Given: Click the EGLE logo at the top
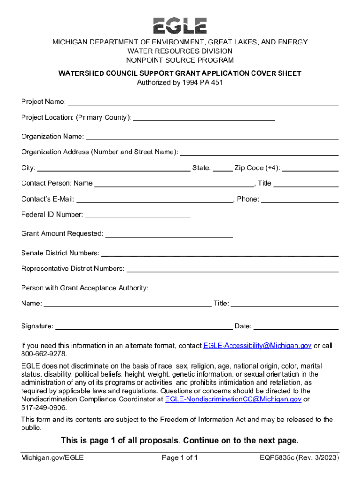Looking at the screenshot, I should (x=180, y=25).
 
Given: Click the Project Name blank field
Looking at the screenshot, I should (x=203, y=102).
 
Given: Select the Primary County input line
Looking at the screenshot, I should (x=204, y=117).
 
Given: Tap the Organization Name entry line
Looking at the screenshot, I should (x=212, y=137).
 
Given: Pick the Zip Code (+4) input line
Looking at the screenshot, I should (x=310, y=168).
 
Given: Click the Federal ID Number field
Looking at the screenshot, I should (x=137, y=215).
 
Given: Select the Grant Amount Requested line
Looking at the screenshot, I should (x=169, y=233).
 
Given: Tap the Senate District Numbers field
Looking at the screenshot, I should (x=220, y=253).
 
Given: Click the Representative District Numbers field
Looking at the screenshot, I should (x=232, y=269).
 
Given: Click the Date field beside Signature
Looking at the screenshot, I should (x=296, y=326).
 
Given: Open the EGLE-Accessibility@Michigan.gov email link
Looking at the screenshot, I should (x=257, y=346).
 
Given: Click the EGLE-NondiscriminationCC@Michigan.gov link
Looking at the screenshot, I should (x=233, y=399).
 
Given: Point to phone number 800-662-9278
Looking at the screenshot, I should (x=44, y=354).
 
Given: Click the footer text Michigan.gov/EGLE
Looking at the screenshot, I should (x=52, y=457).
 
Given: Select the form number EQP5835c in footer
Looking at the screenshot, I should (x=278, y=457).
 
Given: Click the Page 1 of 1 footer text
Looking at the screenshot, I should (x=180, y=457).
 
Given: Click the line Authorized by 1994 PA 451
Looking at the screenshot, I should (x=180, y=83).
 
